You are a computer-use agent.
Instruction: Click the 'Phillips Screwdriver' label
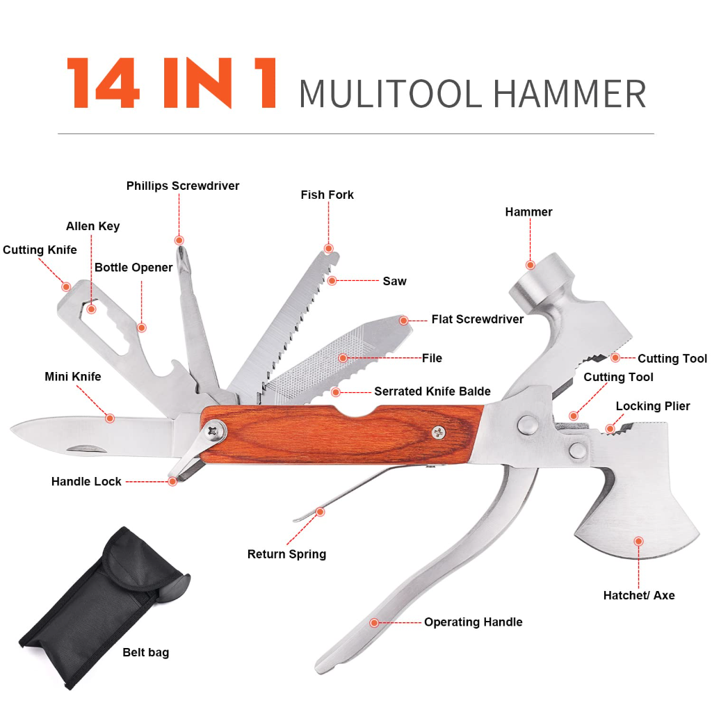pyautogui.click(x=183, y=186)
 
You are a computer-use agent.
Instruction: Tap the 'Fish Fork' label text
pyautogui.click(x=327, y=195)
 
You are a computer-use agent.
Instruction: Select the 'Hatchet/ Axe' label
pyautogui.click(x=639, y=595)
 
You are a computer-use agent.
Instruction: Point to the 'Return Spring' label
pyautogui.click(x=286, y=554)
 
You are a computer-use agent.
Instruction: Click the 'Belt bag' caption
pyautogui.click(x=146, y=652)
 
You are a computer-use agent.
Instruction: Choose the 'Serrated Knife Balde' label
pyautogui.click(x=432, y=391)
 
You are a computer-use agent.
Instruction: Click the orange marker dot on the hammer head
pyautogui.click(x=530, y=265)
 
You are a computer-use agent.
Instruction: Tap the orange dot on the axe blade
pyautogui.click(x=638, y=541)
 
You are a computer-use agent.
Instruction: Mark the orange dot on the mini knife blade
pyautogui.click(x=109, y=418)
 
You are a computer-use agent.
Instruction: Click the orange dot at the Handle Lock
pyautogui.click(x=172, y=481)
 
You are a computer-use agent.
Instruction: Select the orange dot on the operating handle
pyautogui.click(x=373, y=622)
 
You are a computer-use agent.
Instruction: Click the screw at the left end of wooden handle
pyautogui.click(x=213, y=431)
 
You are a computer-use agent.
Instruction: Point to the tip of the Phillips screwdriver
pyautogui.click(x=180, y=247)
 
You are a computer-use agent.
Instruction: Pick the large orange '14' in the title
pyautogui.click(x=104, y=83)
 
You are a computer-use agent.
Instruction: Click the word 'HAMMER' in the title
pyautogui.click(x=569, y=94)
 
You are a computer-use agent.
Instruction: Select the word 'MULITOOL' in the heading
pyautogui.click(x=390, y=94)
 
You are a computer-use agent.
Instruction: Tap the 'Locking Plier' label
pyautogui.click(x=652, y=406)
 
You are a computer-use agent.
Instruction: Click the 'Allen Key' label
pyautogui.click(x=92, y=226)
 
